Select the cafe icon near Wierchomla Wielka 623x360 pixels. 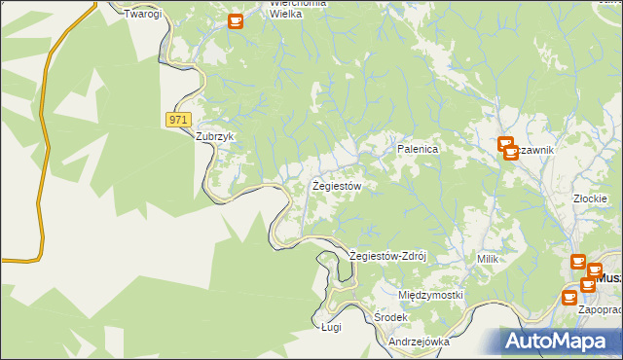[x=236, y=20]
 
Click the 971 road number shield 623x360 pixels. [x=176, y=119]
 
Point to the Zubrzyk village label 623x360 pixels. [x=216, y=137]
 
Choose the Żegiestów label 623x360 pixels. [x=337, y=185]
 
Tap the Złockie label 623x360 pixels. [x=591, y=198]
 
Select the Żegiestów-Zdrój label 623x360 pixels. [x=388, y=256]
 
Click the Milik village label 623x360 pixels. [x=488, y=259]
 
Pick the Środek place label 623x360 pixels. [x=390, y=318]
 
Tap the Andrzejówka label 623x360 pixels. [x=419, y=342]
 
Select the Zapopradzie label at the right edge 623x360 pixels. [x=600, y=309]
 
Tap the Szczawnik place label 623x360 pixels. [x=535, y=150]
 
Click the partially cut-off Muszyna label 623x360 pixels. [x=609, y=277]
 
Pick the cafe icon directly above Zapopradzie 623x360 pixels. [x=587, y=284]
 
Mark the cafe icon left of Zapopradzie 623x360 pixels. [x=569, y=298]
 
